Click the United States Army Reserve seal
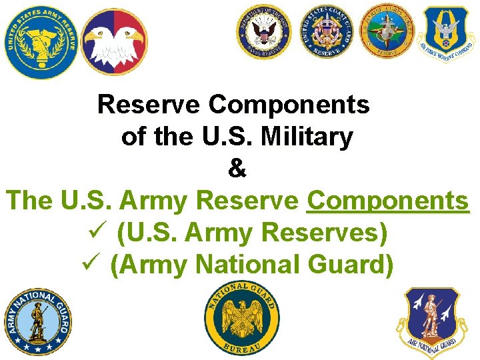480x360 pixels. point(39,41)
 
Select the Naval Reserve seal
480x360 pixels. point(264,35)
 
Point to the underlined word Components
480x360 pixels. point(388,201)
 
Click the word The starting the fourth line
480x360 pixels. point(28,201)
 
